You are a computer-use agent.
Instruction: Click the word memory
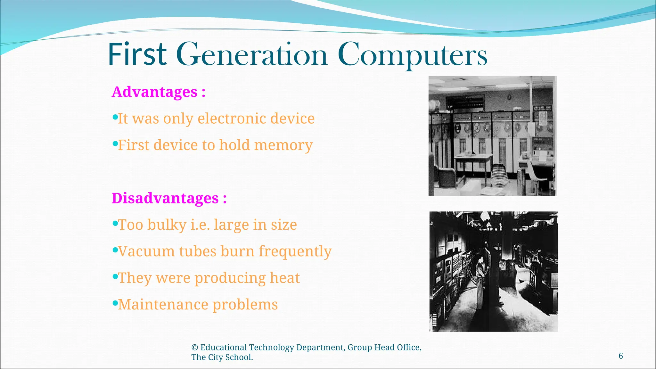point(283,145)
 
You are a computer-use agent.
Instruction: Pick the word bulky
point(167,225)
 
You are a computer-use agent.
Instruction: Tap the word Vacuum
point(146,251)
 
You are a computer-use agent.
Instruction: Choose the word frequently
point(295,251)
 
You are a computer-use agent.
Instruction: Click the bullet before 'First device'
point(115,144)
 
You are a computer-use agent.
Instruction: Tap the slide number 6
point(621,356)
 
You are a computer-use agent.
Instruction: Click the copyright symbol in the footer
point(194,348)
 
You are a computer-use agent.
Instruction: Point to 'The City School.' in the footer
point(222,357)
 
